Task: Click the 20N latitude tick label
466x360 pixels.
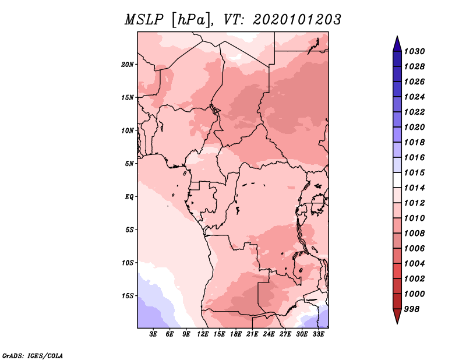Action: click(x=127, y=65)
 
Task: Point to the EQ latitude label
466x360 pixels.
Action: click(x=129, y=197)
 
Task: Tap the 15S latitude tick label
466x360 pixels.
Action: click(x=128, y=296)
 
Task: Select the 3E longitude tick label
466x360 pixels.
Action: click(x=153, y=334)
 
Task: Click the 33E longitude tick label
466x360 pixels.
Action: click(x=318, y=334)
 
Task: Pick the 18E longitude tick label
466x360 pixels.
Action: click(x=236, y=334)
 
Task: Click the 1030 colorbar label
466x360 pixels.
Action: click(x=414, y=51)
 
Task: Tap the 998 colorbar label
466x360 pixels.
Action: click(x=412, y=309)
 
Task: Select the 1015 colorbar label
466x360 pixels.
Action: click(x=414, y=172)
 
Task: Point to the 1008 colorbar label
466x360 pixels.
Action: click(x=414, y=234)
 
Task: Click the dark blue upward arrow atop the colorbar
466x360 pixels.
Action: click(x=397, y=44)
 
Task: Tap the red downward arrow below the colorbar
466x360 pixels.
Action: click(x=397, y=316)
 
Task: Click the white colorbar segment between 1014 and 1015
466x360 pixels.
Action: click(x=397, y=180)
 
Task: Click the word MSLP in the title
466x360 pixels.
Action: click(x=144, y=20)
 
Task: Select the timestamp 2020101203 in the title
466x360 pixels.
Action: click(x=297, y=20)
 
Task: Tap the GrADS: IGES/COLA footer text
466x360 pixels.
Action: click(x=33, y=355)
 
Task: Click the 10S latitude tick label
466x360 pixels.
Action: click(x=128, y=263)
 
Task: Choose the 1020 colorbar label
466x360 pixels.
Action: click(x=414, y=127)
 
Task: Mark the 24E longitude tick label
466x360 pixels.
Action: click(x=269, y=334)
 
